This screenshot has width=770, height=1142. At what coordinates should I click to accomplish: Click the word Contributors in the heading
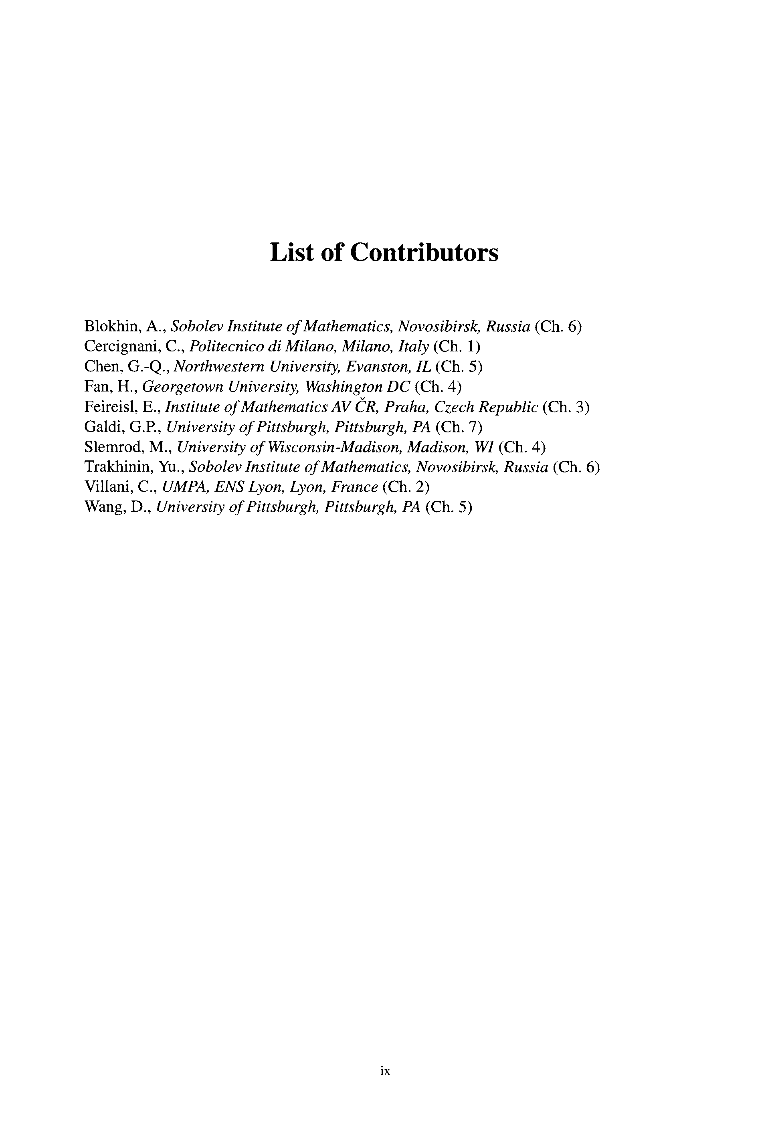(x=424, y=253)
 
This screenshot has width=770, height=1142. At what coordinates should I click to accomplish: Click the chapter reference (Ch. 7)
(x=459, y=428)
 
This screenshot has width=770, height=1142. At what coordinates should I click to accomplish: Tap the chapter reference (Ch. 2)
(x=406, y=487)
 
